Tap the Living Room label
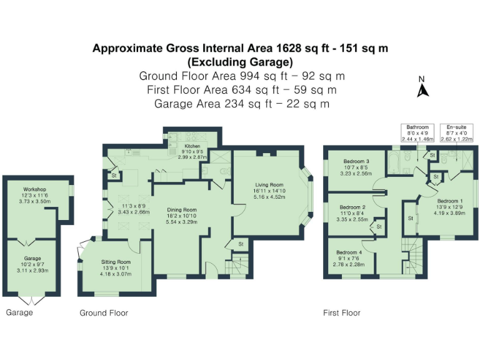269,185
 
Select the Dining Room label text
181,210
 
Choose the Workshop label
35,189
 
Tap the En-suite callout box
456,132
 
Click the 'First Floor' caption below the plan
341,312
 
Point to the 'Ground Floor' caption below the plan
103,312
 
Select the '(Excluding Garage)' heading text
240,62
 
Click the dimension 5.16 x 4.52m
269,197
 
